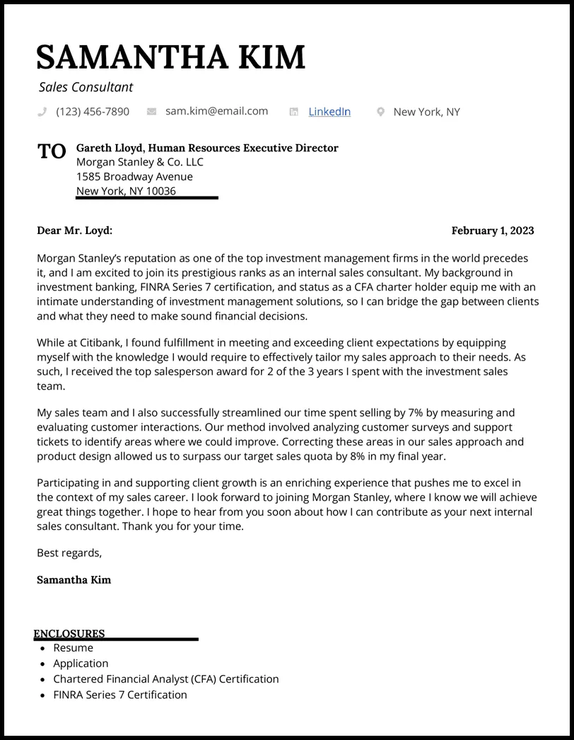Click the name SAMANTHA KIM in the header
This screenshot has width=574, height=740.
click(x=170, y=57)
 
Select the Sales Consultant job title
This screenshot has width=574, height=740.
click(x=86, y=88)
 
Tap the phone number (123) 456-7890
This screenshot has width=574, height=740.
click(x=93, y=112)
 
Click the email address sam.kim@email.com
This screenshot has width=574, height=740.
click(x=216, y=111)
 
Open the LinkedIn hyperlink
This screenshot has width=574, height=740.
click(x=329, y=112)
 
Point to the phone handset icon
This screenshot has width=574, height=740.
click(x=42, y=112)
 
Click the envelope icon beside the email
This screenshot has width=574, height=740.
click(x=151, y=112)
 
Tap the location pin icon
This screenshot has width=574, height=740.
click(x=380, y=112)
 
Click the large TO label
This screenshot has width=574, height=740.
click(x=52, y=151)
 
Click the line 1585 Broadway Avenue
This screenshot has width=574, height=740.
click(x=134, y=177)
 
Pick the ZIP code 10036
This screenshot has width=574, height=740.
click(x=161, y=191)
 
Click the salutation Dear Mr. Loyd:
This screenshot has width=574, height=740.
click(x=74, y=230)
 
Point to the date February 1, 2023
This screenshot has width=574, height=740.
click(x=492, y=230)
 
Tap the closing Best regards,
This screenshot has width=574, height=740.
click(x=69, y=553)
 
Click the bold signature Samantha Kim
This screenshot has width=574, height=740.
click(x=74, y=580)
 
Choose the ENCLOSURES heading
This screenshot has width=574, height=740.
click(x=69, y=634)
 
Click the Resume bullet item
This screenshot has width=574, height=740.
click(x=73, y=647)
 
